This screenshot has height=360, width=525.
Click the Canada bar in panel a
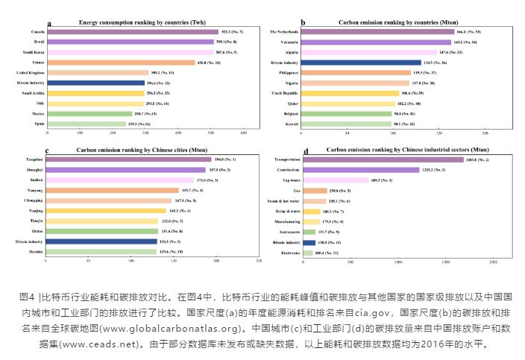pyautogui.click(x=133, y=32)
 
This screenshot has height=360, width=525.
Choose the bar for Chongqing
pyautogui.click(x=108, y=200)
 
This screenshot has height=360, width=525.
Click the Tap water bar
pyautogui.click(x=336, y=180)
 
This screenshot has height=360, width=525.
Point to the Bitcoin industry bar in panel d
pyautogui.click(x=309, y=242)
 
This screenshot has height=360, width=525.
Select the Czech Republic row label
pyautogui.click(x=285, y=93)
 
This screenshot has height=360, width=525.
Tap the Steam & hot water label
pyautogui.click(x=283, y=201)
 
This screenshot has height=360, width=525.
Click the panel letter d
pyautogui.click(x=305, y=152)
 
